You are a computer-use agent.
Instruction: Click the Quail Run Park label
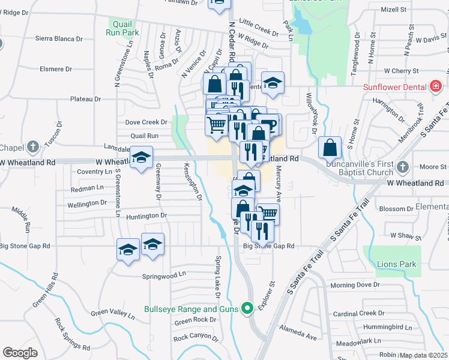pos(124,28)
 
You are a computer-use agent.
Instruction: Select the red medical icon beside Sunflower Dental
pos(436,87)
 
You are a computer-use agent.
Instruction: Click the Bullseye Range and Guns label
pos(191,310)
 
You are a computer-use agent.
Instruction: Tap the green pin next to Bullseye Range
pos(246,310)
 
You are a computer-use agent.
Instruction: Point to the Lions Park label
pos(396,264)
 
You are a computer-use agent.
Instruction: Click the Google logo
pos(20,353)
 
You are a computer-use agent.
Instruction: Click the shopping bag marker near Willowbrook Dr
pos(330,147)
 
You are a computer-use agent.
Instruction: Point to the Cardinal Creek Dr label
pos(358,313)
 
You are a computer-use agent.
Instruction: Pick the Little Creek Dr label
pos(259,22)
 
